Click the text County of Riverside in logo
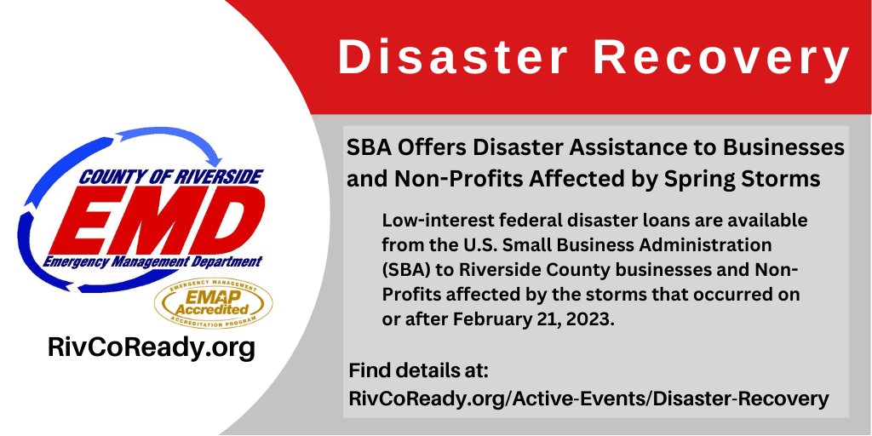pyautogui.click(x=171, y=177)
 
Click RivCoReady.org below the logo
pyautogui.click(x=151, y=348)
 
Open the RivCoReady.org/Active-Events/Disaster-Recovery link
pyautogui.click(x=588, y=398)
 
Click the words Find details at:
pyautogui.click(x=416, y=372)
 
